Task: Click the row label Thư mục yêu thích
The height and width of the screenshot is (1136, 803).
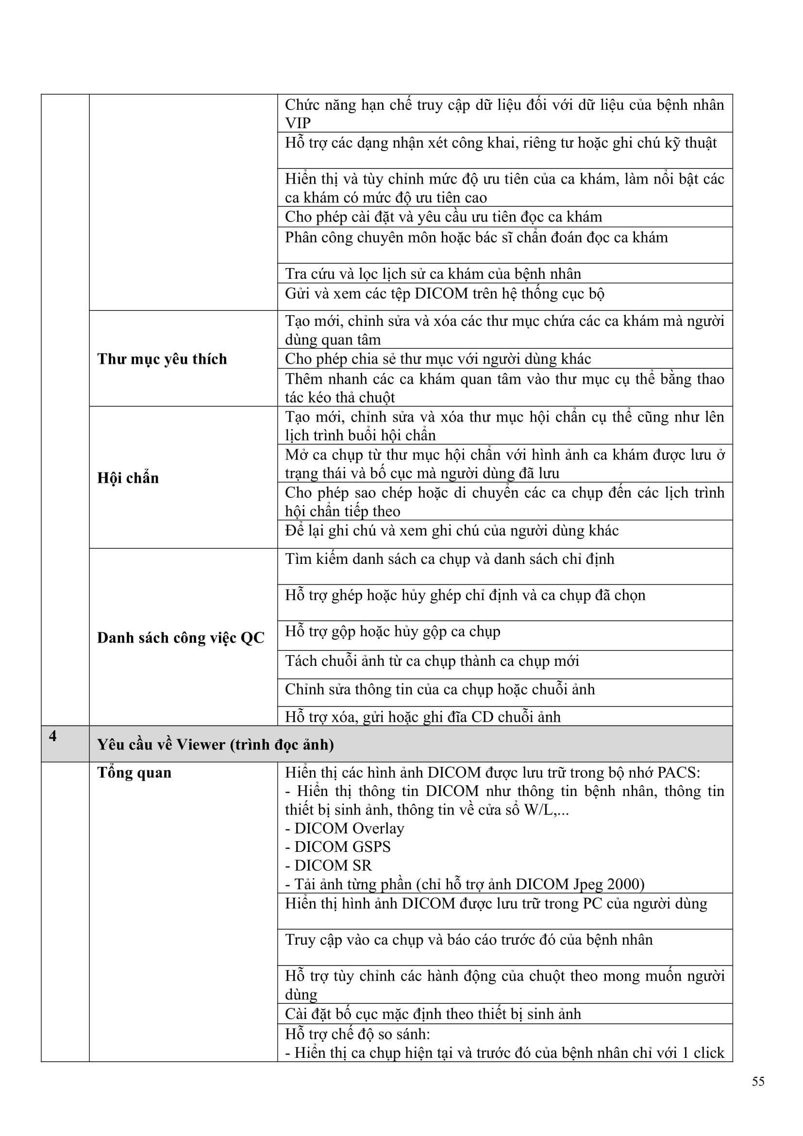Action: (x=162, y=359)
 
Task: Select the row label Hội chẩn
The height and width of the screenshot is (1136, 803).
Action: (x=128, y=477)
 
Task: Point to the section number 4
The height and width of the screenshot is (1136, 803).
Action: (x=53, y=736)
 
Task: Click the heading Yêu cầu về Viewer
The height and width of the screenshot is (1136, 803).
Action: (x=215, y=744)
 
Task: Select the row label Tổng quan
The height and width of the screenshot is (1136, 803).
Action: (x=134, y=772)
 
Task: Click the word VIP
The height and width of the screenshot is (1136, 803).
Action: (x=298, y=123)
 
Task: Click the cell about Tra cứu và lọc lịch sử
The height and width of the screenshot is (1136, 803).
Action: (x=433, y=273)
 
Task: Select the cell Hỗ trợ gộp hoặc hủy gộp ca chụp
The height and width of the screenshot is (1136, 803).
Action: (x=393, y=631)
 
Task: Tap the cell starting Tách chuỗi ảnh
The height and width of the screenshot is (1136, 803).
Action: (x=432, y=661)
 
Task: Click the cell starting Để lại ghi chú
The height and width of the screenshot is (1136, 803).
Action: (x=452, y=530)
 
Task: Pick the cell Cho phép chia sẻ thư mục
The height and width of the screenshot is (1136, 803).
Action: (x=437, y=359)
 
